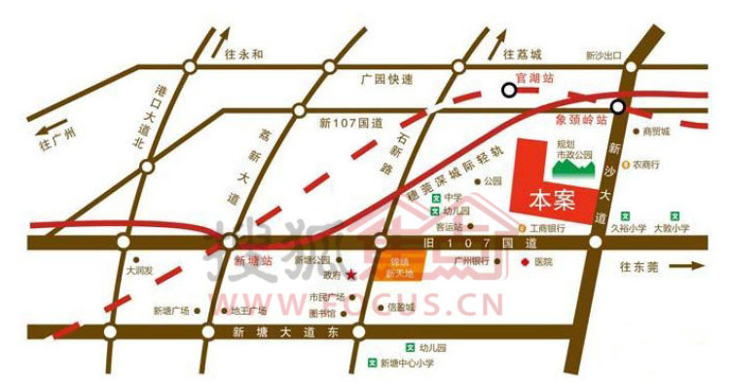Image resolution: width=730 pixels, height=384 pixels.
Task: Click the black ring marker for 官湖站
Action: tap(509, 91)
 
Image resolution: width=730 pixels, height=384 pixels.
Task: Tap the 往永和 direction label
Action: tap(243, 55)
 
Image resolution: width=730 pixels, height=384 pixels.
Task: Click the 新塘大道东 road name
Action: tap(283, 332)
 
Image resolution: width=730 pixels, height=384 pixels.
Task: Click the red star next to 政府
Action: tap(350, 275)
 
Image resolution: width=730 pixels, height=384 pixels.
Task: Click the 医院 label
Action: tap(543, 262)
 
